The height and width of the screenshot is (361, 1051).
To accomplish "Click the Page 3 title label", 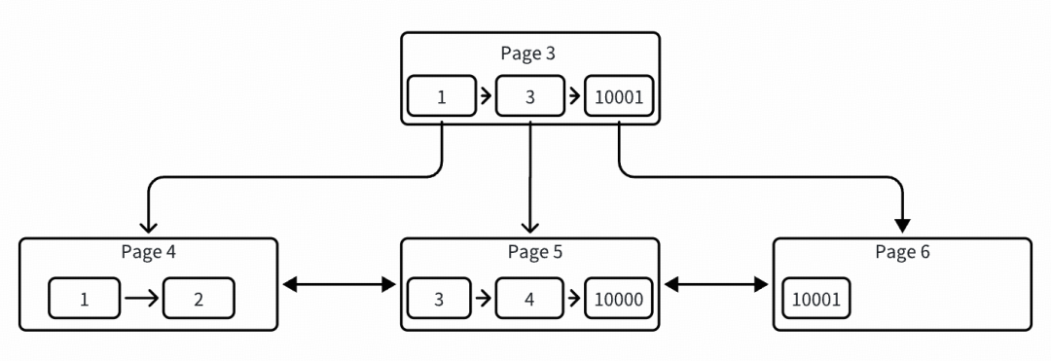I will [528, 54].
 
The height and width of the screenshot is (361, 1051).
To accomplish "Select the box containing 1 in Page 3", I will [442, 97].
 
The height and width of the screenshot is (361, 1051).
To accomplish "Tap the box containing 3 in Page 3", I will [529, 97].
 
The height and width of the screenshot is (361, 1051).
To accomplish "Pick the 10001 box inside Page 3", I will [618, 97].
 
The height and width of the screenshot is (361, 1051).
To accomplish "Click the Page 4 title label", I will [148, 252].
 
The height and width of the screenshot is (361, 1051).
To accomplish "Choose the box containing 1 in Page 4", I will [85, 299].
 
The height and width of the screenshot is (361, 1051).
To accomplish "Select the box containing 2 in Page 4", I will [199, 299].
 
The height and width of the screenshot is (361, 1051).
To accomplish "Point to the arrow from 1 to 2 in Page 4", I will [141, 299].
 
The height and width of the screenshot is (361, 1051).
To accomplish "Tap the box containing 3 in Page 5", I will [440, 299].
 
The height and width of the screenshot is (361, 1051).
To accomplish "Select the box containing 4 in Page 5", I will [529, 299].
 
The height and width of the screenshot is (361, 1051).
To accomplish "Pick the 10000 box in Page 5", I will [618, 299].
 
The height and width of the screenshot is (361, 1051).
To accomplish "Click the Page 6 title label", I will [902, 252].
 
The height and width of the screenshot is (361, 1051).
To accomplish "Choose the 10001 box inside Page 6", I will [817, 299].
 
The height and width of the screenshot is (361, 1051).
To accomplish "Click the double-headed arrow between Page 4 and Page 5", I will [339, 285].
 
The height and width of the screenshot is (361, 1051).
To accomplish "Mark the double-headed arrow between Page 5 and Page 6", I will [715, 285].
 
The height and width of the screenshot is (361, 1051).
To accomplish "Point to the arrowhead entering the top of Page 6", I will [902, 226].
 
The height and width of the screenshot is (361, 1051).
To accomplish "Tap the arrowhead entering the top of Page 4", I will [147, 226].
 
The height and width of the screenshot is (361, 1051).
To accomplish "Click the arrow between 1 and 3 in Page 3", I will [486, 97].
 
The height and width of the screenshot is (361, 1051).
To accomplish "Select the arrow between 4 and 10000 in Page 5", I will [574, 299].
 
